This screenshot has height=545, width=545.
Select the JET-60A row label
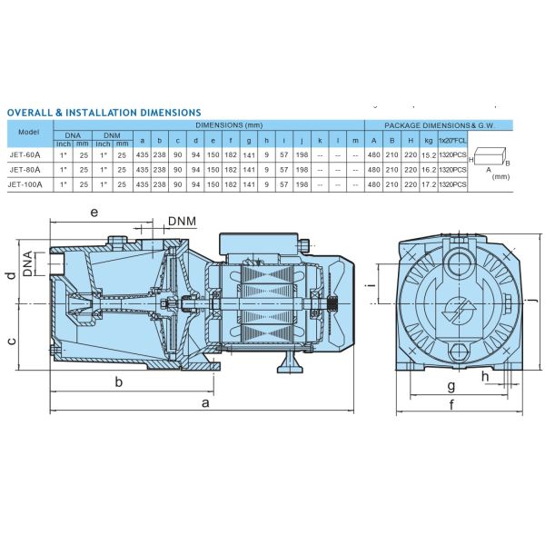[25, 155]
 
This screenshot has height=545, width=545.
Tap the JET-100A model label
[25, 184]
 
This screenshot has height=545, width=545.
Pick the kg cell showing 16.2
[429, 170]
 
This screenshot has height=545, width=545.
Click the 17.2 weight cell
[429, 184]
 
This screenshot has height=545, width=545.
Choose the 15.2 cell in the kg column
[429, 155]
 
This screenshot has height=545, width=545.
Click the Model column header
[29, 132]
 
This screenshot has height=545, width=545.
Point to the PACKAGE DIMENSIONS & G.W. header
[440, 125]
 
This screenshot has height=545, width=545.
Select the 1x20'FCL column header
[452, 141]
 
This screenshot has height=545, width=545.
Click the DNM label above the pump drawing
[183, 221]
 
